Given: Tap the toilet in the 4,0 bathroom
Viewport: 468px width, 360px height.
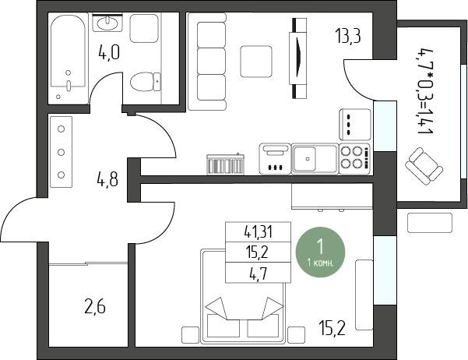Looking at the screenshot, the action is (146, 82).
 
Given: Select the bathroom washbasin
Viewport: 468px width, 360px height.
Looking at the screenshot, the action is (107, 22).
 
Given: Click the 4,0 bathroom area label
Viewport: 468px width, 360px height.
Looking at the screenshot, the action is (109, 53).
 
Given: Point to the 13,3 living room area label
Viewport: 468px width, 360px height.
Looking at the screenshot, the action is (348, 36).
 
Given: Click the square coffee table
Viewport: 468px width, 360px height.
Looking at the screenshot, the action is (256, 62).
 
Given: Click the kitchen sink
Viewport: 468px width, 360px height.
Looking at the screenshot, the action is (315, 158).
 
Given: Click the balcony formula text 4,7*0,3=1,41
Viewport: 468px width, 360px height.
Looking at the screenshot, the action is (425, 91).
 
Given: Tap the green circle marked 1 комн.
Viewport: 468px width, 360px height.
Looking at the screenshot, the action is (320, 252).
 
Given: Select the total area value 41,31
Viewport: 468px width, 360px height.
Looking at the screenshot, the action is (259, 232).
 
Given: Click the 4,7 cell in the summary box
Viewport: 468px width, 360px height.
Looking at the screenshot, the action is (259, 274).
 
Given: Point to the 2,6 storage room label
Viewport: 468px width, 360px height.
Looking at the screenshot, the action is (95, 308).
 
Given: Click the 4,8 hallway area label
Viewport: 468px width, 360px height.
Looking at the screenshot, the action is (107, 180).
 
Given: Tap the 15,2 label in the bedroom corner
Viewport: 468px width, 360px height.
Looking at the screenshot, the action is (332, 328).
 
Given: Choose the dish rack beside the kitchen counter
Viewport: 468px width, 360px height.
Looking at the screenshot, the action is (226, 164).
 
